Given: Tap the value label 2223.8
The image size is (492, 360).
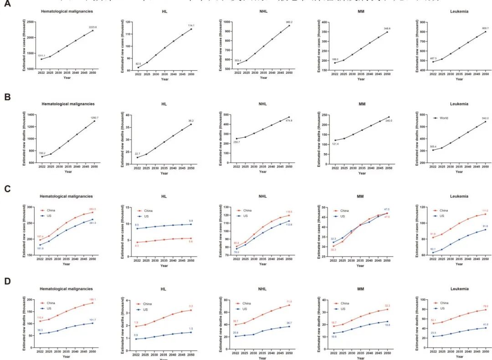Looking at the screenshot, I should click(x=92, y=27).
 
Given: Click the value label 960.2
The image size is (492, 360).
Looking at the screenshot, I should click(x=289, y=22).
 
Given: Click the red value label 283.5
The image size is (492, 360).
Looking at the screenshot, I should click(x=93, y=209).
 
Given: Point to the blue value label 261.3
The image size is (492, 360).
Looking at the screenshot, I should click(x=93, y=223).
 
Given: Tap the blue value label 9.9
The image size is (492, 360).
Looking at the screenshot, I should click(x=191, y=221).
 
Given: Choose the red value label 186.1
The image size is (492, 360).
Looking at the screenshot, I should click(x=92, y=299).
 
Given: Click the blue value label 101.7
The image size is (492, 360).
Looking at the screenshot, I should click(x=93, y=319).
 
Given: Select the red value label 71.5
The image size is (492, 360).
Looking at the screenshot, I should click(x=289, y=302).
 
